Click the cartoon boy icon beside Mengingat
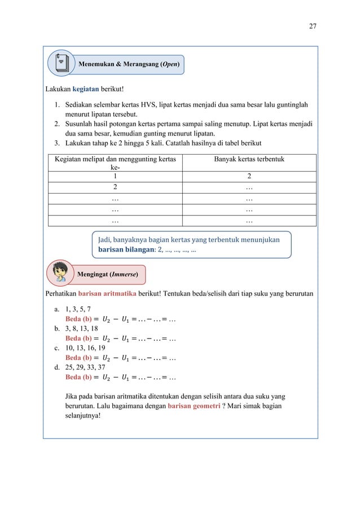pyautogui.click(x=60, y=273)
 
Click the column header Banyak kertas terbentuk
pyautogui.click(x=249, y=160)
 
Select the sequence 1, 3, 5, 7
pyautogui.click(x=77, y=309)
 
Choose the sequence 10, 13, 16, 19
pyautogui.click(x=85, y=347)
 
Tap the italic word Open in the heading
pyautogui.click(x=169, y=64)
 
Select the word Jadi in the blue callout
pyautogui.click(x=106, y=239)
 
